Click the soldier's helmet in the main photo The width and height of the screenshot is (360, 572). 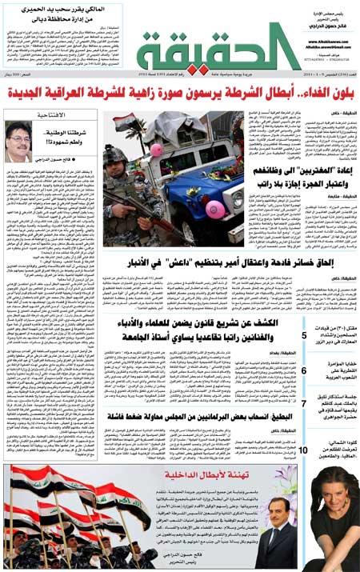point(114,154)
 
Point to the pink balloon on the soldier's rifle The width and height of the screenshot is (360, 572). point(156,150)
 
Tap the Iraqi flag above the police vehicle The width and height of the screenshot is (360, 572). point(123,122)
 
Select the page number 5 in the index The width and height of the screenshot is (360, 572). point(303,335)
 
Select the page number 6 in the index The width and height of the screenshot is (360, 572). point(303,370)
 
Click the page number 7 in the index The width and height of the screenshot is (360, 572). point(303,405)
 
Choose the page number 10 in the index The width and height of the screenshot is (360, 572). point(303,451)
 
